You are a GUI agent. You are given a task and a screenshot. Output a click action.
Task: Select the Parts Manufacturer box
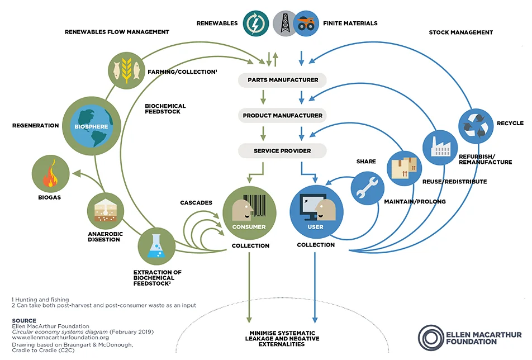[x=282, y=80]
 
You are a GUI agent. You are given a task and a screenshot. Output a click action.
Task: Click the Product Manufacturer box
[x=282, y=116]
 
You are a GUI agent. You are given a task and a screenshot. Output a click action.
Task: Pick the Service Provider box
[x=282, y=151]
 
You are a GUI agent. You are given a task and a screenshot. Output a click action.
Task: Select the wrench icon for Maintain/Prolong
[x=368, y=188]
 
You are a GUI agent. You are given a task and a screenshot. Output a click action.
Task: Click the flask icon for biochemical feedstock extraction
[x=156, y=247]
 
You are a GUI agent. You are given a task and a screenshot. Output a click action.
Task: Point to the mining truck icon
[x=306, y=23]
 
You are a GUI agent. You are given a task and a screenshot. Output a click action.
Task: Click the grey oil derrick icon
[x=286, y=23]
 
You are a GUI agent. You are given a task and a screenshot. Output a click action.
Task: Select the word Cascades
[x=196, y=202]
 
